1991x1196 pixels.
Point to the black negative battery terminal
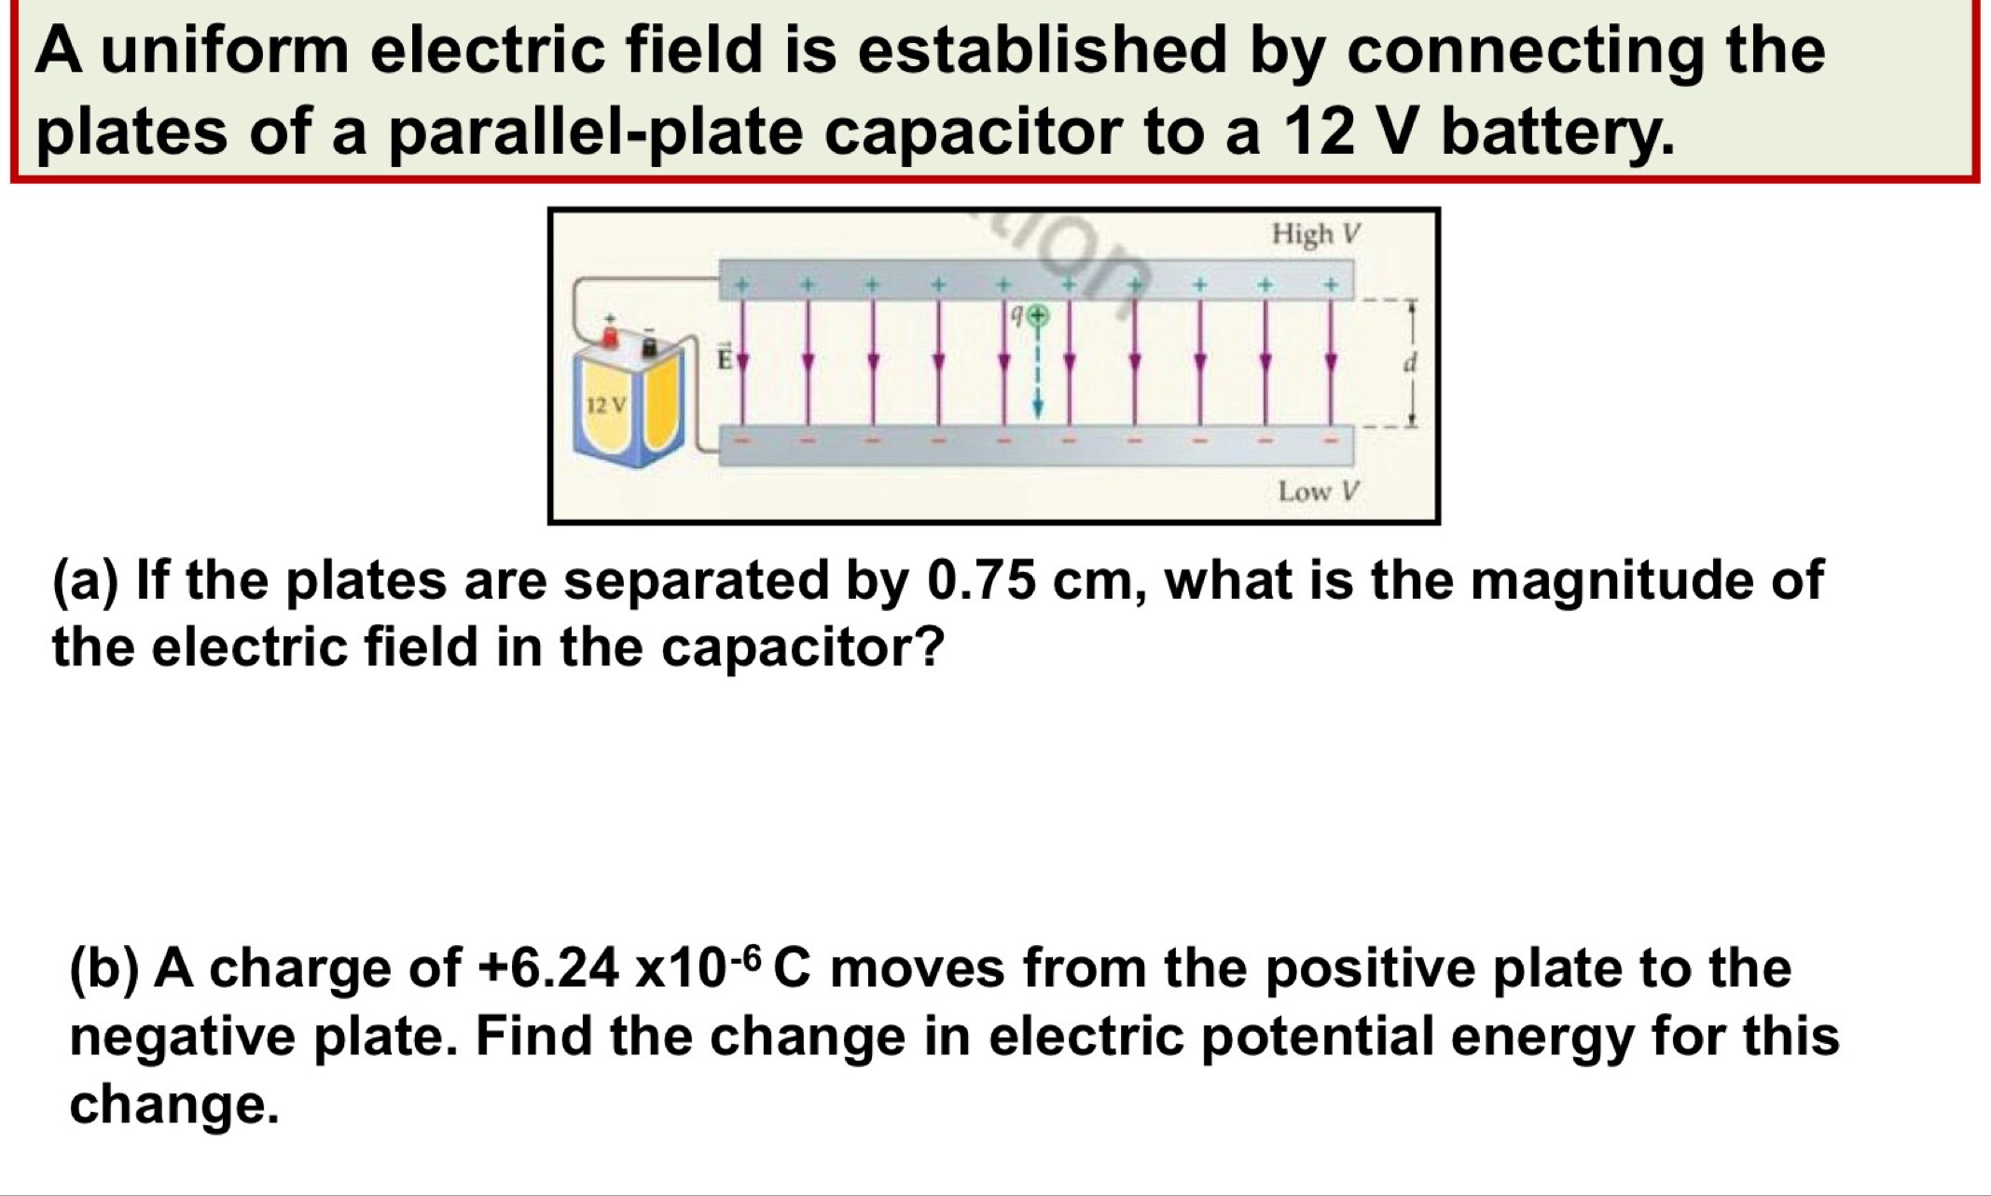click(x=651, y=347)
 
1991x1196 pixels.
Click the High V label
click(x=1317, y=234)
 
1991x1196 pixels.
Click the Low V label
click(x=1319, y=491)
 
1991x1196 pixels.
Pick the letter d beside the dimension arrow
click(x=1410, y=362)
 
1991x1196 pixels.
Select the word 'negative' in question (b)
click(x=182, y=1037)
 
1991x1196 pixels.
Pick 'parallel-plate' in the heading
click(x=595, y=132)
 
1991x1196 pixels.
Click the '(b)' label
click(x=104, y=968)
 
